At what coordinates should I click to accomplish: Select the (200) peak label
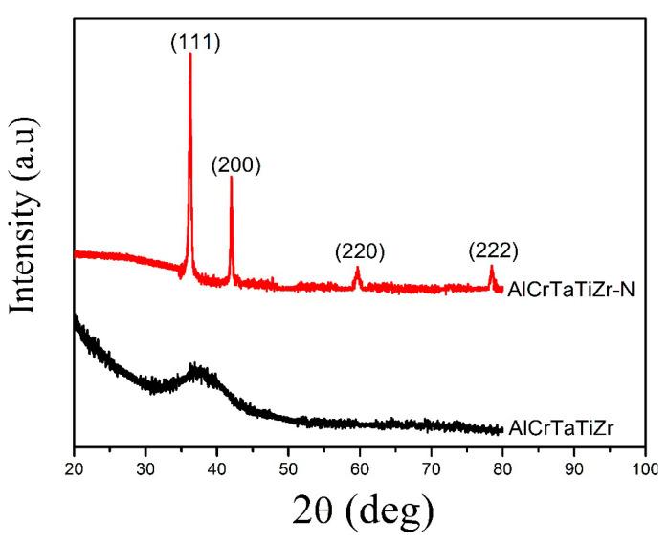(235, 164)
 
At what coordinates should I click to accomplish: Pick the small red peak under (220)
(358, 271)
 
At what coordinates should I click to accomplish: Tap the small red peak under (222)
(492, 269)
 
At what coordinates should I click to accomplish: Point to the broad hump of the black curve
(196, 373)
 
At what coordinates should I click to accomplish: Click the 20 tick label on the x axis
(74, 469)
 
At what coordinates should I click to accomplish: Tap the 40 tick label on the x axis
(216, 469)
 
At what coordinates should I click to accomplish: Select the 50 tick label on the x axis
(288, 469)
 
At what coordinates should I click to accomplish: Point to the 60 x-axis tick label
(360, 469)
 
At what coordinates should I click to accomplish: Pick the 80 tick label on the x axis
(502, 469)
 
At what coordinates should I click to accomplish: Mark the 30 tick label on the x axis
(145, 469)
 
